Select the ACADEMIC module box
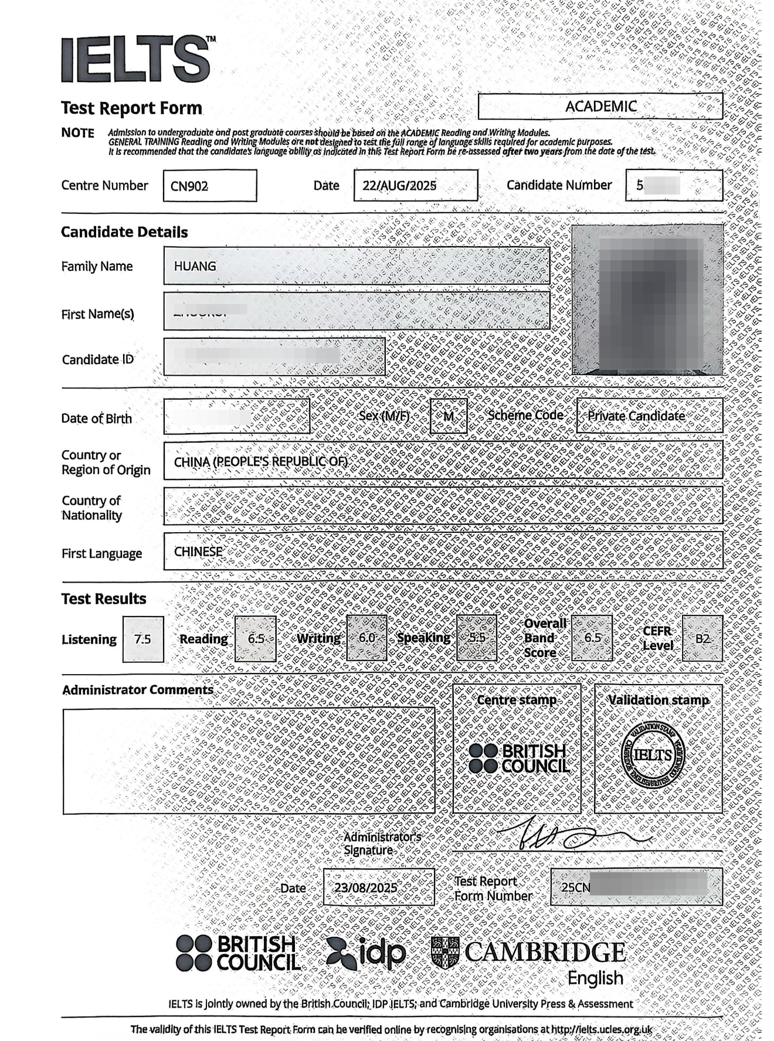coord(600,107)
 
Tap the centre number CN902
coord(189,186)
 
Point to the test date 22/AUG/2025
coord(399,186)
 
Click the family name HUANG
coord(195,267)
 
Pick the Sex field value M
coord(449,416)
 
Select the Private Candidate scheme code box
coord(637,416)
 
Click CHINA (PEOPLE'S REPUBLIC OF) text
coord(260,462)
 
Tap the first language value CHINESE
coord(198,552)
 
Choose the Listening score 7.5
coord(142,639)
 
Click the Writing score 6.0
coord(366,638)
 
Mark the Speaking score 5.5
coord(477,638)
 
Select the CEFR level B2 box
coord(702,638)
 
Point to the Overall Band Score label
coord(544,638)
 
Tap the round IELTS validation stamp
coord(653,755)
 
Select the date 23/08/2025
coord(366,888)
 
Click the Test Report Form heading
coord(131,108)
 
